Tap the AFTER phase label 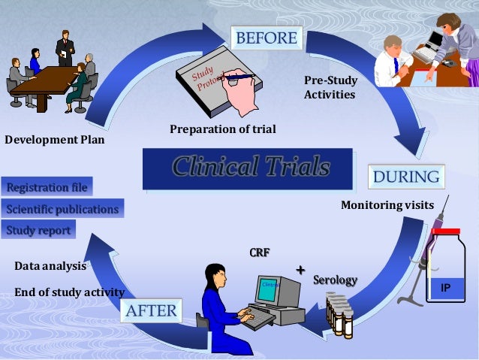coord(151,310)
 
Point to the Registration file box coord(47,186)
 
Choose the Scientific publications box coord(62,208)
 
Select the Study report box coord(38,230)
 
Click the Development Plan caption coord(55,139)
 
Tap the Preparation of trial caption coord(222,129)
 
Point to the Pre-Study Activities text coord(330,87)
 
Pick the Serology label coord(335,280)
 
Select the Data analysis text coord(50,266)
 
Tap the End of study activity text coord(69,292)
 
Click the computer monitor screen coord(268,289)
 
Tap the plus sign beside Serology coord(300,269)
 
